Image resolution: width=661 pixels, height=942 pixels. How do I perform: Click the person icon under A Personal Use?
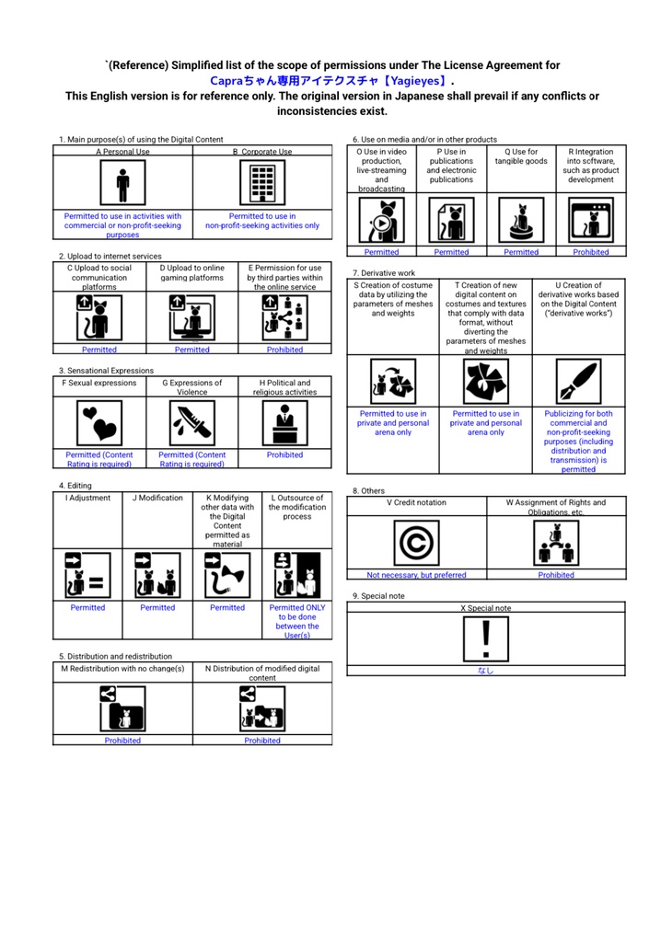click(x=123, y=184)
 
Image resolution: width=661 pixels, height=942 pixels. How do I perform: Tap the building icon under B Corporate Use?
click(x=261, y=184)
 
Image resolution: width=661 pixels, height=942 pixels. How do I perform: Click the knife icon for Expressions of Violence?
click(x=191, y=423)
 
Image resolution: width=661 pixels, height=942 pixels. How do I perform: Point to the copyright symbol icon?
click(x=416, y=543)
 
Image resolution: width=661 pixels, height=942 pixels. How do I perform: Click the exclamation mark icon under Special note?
click(x=485, y=638)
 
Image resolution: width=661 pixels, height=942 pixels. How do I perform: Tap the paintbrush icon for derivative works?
click(x=577, y=381)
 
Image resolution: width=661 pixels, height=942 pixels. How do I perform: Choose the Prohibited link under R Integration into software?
click(x=590, y=252)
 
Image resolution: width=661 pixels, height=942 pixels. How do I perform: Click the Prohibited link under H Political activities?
click(x=284, y=454)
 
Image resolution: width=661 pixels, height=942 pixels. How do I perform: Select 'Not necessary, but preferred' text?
click(x=416, y=575)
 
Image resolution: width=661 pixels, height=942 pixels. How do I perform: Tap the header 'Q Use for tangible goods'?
click(x=521, y=156)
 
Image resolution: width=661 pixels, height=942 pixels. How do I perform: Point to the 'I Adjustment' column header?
click(x=87, y=498)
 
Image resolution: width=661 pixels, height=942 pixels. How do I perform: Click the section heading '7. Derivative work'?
click(x=384, y=273)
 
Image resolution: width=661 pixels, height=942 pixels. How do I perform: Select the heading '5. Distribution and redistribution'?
click(x=116, y=656)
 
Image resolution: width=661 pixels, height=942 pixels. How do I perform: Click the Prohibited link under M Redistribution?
click(x=122, y=741)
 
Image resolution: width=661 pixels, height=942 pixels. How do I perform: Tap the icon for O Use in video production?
click(x=382, y=220)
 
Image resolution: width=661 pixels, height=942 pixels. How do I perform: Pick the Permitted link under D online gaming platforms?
click(x=191, y=350)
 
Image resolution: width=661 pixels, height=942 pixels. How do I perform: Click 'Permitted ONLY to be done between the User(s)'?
click(x=296, y=621)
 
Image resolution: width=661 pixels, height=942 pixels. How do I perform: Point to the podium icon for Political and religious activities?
click(x=284, y=423)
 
